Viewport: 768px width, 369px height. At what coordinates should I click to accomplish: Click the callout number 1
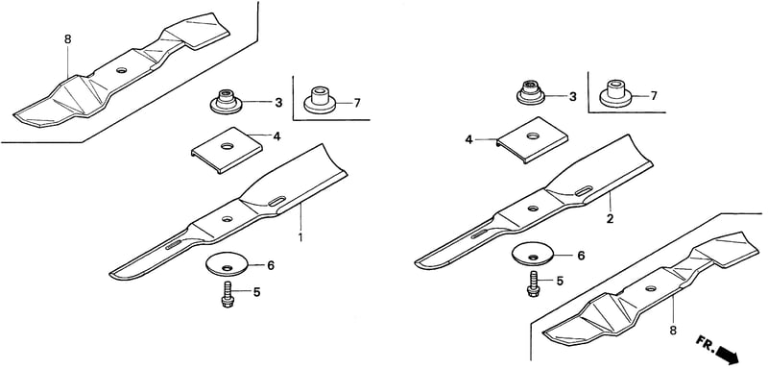click(x=300, y=238)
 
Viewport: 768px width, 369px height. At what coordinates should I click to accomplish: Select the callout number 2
click(x=610, y=219)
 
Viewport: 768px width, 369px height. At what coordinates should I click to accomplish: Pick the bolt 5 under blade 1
click(x=228, y=294)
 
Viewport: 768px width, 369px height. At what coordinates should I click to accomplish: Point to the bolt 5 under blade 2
click(x=533, y=284)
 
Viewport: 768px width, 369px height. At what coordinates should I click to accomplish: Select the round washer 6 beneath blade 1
click(x=228, y=264)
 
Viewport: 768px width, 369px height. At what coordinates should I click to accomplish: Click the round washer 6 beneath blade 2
click(x=533, y=255)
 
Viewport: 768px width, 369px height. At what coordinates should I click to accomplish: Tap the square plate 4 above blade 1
click(x=227, y=150)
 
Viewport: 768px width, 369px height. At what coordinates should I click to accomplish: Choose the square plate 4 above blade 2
click(x=533, y=139)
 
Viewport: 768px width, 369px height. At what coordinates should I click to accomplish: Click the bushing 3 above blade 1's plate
click(x=226, y=102)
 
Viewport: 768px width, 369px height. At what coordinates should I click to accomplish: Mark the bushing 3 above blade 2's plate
click(x=531, y=92)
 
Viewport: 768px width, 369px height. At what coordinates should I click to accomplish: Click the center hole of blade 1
click(x=227, y=218)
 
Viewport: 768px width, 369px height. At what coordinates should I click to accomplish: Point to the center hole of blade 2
click(x=533, y=209)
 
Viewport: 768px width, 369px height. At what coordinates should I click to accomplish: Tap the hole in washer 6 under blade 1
click(x=228, y=267)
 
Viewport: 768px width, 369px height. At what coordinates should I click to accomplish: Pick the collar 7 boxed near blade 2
click(x=616, y=93)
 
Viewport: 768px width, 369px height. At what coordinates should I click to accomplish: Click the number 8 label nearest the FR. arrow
click(x=673, y=331)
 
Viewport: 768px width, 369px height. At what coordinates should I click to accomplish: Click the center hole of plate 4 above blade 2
click(x=533, y=135)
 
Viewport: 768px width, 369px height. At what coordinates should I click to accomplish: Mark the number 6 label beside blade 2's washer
click(x=581, y=256)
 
